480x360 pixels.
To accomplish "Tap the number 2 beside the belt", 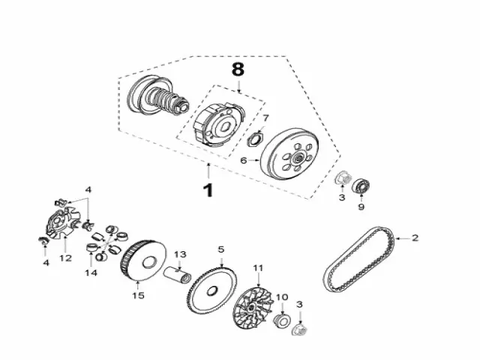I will pyautogui.click(x=414, y=238).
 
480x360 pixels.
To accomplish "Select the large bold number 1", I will pyautogui.click(x=208, y=190).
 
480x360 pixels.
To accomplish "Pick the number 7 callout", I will pyautogui.click(x=265, y=118).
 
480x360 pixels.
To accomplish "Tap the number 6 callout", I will pyautogui.click(x=243, y=160).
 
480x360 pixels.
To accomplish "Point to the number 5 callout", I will pyautogui.click(x=220, y=249).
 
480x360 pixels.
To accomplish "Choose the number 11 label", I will pyautogui.click(x=258, y=268).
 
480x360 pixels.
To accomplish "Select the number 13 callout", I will pyautogui.click(x=180, y=254).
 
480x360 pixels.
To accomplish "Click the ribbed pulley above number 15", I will pyautogui.click(x=142, y=262).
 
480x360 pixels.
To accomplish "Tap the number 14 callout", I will pyautogui.click(x=91, y=272).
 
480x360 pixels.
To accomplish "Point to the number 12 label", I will pyautogui.click(x=66, y=258).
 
